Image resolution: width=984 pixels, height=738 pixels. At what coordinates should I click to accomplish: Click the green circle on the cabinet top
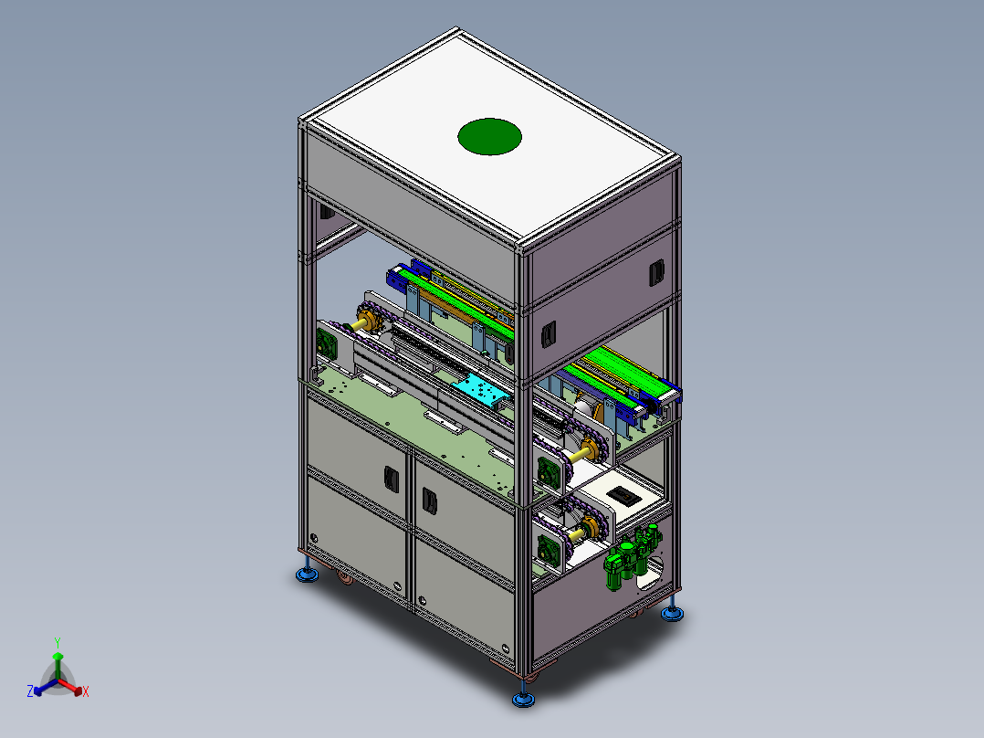tap(489, 136)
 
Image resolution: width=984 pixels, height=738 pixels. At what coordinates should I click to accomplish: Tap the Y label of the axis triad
tap(58, 642)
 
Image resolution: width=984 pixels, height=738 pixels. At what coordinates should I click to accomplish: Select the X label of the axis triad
tap(86, 691)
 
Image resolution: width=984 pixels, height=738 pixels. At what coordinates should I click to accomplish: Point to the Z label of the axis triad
tap(30, 691)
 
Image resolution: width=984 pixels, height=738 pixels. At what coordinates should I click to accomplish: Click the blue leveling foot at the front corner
tap(523, 697)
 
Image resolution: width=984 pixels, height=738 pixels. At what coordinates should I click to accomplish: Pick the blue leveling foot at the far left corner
tap(307, 573)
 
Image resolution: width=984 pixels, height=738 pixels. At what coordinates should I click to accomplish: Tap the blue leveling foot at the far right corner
tap(672, 612)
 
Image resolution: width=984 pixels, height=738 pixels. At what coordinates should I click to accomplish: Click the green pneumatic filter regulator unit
tap(631, 556)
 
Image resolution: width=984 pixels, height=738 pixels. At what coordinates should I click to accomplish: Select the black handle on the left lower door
tap(391, 480)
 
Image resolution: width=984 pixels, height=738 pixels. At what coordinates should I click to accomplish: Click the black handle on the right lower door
tap(430, 501)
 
